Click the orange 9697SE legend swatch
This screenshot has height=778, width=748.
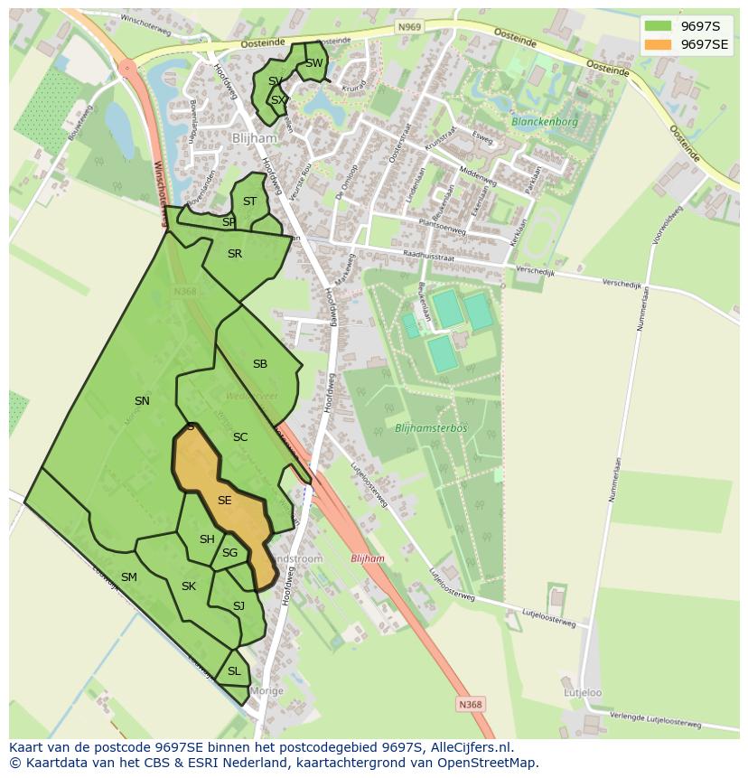click(x=658, y=44)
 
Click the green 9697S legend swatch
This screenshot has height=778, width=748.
click(x=658, y=25)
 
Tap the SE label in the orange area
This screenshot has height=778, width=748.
click(x=225, y=500)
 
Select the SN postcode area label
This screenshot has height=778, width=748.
click(x=142, y=400)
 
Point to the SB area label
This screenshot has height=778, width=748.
click(x=260, y=364)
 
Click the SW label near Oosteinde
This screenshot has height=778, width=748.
click(x=313, y=63)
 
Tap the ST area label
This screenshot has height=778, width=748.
click(x=250, y=202)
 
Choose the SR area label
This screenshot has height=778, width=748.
click(x=235, y=254)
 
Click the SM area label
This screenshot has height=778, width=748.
click(x=129, y=576)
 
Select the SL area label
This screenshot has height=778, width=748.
click(x=234, y=670)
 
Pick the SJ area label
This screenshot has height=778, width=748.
click(x=238, y=605)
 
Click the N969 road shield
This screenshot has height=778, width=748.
click(x=408, y=28)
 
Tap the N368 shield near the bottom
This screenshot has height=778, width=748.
click(x=470, y=704)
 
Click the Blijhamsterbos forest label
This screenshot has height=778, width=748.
click(x=431, y=427)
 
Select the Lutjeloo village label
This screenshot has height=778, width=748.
click(x=584, y=693)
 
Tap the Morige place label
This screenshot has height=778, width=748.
click(x=267, y=690)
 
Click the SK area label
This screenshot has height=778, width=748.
click(x=189, y=586)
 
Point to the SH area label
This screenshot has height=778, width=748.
click(x=207, y=539)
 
